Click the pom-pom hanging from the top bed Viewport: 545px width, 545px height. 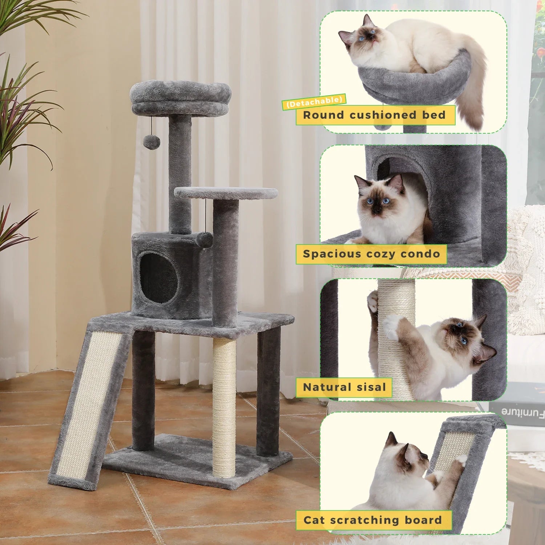pyautogui.click(x=152, y=142)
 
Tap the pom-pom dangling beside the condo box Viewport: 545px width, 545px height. pyautogui.click(x=205, y=240)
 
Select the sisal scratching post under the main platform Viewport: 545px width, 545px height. pyautogui.click(x=224, y=407)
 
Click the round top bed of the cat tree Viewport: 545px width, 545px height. pyautogui.click(x=181, y=97)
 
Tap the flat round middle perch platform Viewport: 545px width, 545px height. pyautogui.click(x=226, y=193)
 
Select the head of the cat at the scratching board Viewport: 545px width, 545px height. pyautogui.click(x=409, y=456)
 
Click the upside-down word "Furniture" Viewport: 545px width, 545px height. pyautogui.click(x=523, y=412)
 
